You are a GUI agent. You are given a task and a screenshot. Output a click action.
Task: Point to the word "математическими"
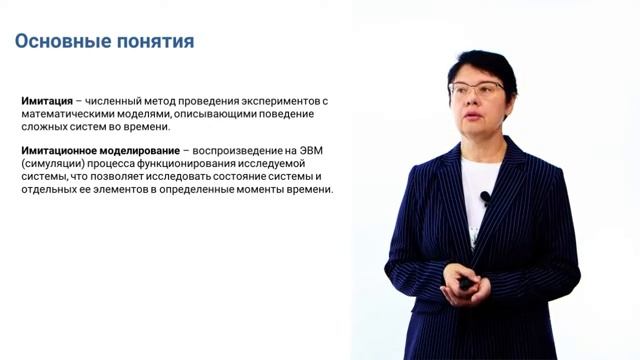click(68, 114)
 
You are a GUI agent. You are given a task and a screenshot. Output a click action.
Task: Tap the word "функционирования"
click(192, 162)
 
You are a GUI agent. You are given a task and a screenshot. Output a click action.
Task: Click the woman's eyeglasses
click(477, 89)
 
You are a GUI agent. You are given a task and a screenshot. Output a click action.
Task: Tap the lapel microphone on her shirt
click(485, 197)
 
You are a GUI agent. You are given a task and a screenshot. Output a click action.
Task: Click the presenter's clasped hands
click(466, 283)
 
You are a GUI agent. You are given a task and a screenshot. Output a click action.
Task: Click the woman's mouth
click(475, 117)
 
